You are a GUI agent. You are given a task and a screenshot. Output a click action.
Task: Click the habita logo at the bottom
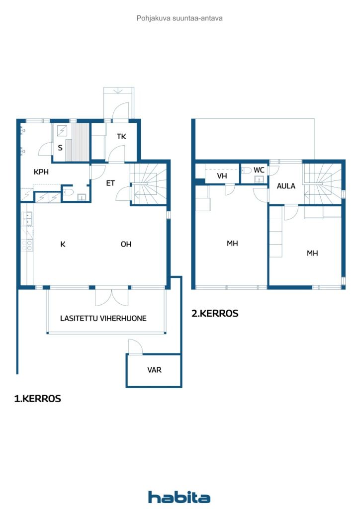pos(179,497)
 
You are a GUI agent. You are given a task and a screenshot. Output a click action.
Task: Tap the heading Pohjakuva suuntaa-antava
pos(180,18)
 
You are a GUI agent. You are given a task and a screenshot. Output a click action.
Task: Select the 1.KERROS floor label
pos(38,399)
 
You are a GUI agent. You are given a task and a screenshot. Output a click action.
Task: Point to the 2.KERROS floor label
pos(215,314)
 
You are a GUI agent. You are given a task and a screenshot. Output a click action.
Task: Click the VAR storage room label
pos(154,370)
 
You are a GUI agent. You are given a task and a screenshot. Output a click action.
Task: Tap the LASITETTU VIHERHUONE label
pos(103,318)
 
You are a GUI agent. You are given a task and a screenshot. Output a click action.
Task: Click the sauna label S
pos(60,148)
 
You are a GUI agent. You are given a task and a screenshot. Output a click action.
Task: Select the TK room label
pos(122,137)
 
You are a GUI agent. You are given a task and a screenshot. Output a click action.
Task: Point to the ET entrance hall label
pos(110,183)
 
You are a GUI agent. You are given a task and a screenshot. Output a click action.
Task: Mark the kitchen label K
pos(63,244)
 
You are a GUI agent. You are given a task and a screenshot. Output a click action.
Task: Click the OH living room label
pos(126,244)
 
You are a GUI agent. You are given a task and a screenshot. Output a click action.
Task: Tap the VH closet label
pos(222,176)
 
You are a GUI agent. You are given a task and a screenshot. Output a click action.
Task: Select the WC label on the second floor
pos(259,170)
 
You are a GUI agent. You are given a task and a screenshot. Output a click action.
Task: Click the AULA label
pos(286,186)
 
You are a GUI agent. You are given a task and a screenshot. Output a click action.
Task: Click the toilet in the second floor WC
pos(247,170)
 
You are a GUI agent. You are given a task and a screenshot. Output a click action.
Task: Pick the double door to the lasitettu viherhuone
pos(112,297)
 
